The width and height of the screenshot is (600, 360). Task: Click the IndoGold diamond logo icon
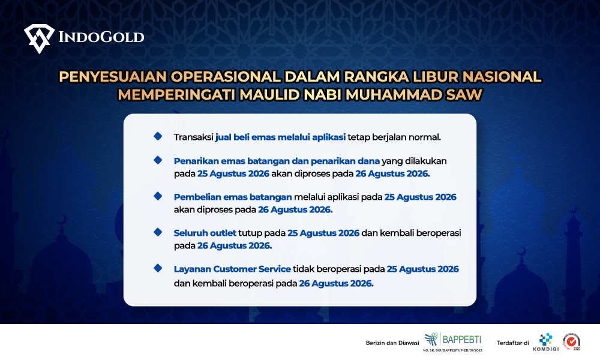click(x=39, y=38)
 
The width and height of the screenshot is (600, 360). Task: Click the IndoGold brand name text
click(x=101, y=37)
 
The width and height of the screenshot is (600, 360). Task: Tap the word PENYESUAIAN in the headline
click(x=113, y=77)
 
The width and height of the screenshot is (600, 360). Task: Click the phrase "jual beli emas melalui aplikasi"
click(x=280, y=137)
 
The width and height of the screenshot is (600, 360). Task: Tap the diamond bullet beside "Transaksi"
click(x=158, y=136)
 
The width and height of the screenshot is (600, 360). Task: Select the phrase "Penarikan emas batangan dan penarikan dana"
click(x=277, y=161)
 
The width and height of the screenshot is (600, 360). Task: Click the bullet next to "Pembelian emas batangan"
click(x=158, y=196)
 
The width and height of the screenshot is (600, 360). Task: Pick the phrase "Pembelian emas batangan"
click(x=233, y=197)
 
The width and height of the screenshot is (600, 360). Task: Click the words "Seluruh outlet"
click(x=205, y=233)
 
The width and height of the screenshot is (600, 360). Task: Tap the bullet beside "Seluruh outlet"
click(x=158, y=232)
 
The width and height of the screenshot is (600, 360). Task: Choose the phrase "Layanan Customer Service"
click(x=232, y=269)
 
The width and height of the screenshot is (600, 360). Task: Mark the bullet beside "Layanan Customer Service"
click(x=158, y=268)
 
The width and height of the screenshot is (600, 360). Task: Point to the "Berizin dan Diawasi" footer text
click(x=392, y=343)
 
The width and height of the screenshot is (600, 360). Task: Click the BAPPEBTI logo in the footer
click(x=453, y=341)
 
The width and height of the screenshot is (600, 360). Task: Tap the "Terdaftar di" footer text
click(x=513, y=343)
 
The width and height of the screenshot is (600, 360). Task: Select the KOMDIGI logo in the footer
click(x=546, y=342)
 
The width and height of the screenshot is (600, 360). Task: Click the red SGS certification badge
click(x=572, y=341)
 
